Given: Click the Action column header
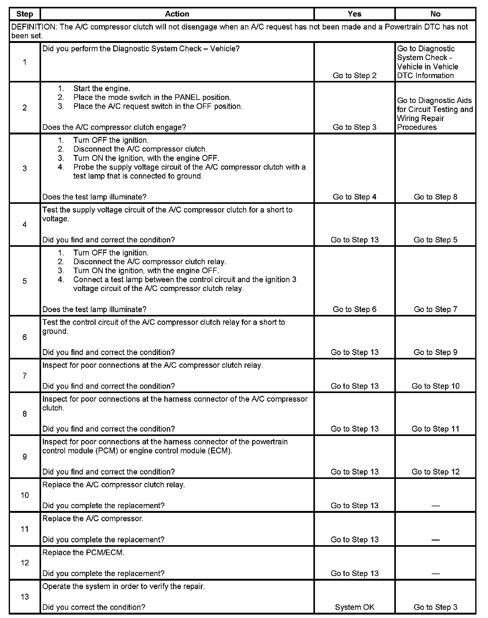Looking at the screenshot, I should pyautogui.click(x=177, y=14).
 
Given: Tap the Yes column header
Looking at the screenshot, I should pyautogui.click(x=354, y=14).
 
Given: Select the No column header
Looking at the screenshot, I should pyautogui.click(x=435, y=14).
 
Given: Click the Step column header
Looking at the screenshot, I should pyautogui.click(x=25, y=14).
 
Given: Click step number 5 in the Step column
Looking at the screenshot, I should pyautogui.click(x=25, y=281).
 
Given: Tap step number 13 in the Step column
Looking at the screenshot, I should pyautogui.click(x=25, y=597).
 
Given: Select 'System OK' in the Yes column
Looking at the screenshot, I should pyautogui.click(x=354, y=607).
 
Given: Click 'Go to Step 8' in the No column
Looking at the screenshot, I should pyautogui.click(x=435, y=197).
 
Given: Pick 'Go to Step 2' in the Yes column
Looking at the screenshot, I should pyautogui.click(x=354, y=75).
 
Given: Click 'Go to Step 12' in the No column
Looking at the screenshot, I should pyautogui.click(x=435, y=471).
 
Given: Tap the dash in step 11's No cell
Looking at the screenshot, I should pyautogui.click(x=435, y=540).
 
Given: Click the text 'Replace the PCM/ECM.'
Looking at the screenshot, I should pyautogui.click(x=83, y=552).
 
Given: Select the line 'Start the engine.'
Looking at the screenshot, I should pyautogui.click(x=102, y=88).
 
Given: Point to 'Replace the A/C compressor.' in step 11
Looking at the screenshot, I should pyautogui.click(x=93, y=518).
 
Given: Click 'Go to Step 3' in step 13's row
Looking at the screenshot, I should pyautogui.click(x=435, y=607).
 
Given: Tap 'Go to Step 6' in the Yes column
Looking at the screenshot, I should pyautogui.click(x=354, y=309).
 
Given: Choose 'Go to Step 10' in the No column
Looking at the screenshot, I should pyautogui.click(x=435, y=386).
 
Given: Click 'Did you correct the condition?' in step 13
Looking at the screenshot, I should pyautogui.click(x=94, y=607).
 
